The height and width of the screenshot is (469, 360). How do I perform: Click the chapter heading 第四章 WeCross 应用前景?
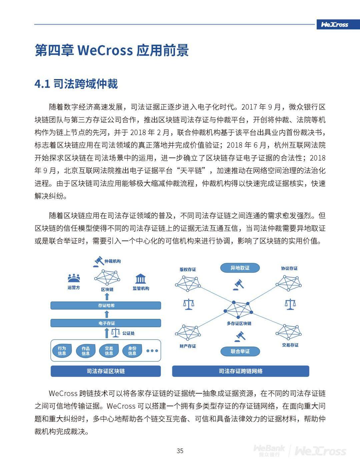tap(112, 50)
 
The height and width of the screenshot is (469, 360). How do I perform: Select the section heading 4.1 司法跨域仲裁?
tap(76, 84)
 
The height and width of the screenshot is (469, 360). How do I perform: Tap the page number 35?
tap(180, 451)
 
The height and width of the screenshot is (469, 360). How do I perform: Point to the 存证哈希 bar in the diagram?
tap(106, 305)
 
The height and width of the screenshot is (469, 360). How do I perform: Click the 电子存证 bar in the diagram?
tap(106, 323)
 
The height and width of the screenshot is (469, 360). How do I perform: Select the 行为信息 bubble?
tap(62, 351)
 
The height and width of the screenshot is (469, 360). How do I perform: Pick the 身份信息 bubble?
tap(132, 351)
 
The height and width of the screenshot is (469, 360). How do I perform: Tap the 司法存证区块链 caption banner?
tap(106, 371)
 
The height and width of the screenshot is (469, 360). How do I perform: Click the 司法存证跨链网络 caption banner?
tap(240, 371)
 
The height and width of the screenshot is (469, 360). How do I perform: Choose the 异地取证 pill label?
tap(240, 268)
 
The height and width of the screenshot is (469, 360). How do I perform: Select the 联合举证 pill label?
tap(240, 351)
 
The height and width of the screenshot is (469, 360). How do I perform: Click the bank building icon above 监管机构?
tap(141, 279)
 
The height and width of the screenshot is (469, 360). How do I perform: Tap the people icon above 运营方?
tap(74, 278)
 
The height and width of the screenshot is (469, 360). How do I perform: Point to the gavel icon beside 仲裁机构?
tap(98, 262)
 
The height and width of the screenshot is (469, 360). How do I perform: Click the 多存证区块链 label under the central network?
tap(239, 324)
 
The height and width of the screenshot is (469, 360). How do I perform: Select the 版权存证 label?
tap(188, 270)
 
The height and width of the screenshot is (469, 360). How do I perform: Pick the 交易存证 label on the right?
tap(290, 345)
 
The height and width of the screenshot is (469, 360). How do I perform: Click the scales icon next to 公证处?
tap(115, 332)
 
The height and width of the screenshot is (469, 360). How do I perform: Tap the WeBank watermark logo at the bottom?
tap(269, 450)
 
